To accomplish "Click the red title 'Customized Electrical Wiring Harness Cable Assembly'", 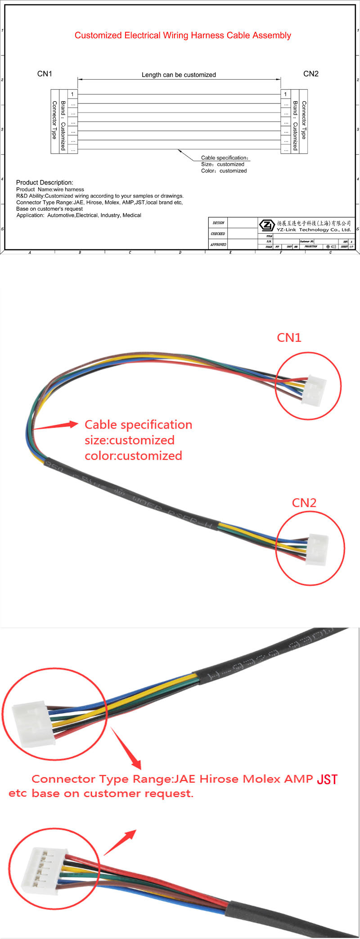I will coord(183,36).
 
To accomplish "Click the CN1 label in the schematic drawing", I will coord(45,74).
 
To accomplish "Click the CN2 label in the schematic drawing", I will coord(310,74).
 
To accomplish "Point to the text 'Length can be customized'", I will coord(179,75).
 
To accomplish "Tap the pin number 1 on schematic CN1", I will coord(72,94).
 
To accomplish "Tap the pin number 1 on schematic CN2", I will coord(285,94).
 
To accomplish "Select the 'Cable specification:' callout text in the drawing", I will coord(225,158).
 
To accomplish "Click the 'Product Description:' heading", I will coord(45,182).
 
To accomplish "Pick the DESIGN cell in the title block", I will coord(219,223).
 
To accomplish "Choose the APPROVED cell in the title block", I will coord(219,244).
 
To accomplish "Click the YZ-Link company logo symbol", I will coord(267,225).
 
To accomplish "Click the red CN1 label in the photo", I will coord(289,338).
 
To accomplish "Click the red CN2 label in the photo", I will coord(304,503).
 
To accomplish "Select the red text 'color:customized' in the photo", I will coord(133,456).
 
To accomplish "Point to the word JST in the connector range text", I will coord(327,779).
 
